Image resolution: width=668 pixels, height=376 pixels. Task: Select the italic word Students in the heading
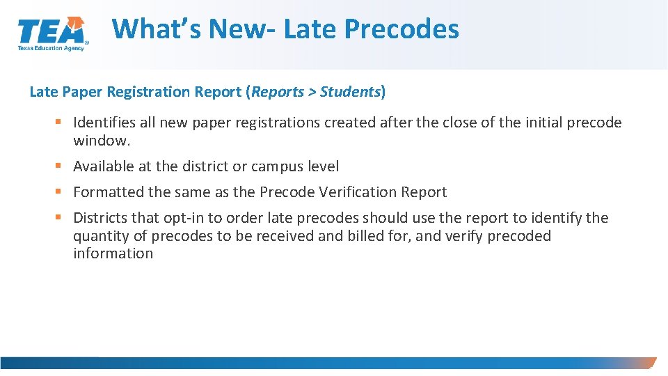point(350,91)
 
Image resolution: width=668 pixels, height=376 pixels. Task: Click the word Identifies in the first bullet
point(104,123)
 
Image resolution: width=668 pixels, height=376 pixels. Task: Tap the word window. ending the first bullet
point(102,141)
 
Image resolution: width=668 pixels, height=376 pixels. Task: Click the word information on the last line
point(113,253)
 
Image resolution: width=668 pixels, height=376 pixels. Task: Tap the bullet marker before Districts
point(58,218)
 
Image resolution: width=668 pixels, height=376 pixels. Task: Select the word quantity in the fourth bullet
point(101,236)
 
